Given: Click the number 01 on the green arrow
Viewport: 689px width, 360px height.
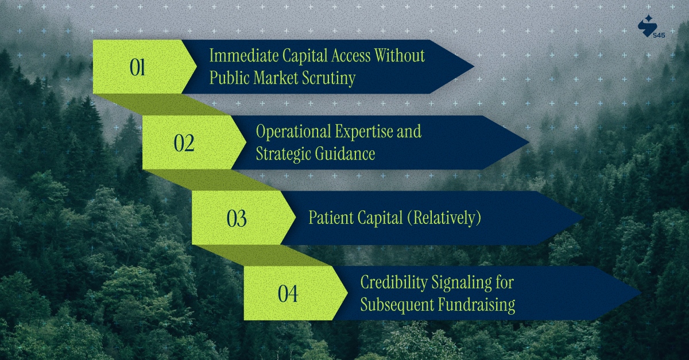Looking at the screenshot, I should (137, 68).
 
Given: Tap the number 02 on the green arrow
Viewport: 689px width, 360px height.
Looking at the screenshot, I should (184, 143).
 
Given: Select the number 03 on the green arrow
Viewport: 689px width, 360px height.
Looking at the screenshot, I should (237, 219).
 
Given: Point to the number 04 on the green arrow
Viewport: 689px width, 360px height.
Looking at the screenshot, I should (288, 295).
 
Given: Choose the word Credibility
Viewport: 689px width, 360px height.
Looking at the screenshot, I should (394, 282).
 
